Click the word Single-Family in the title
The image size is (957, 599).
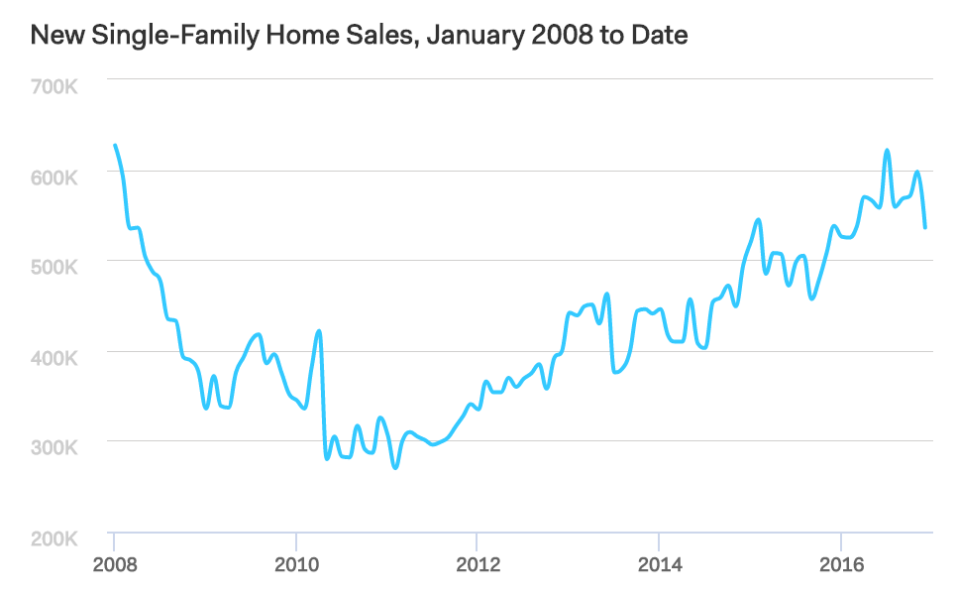154,37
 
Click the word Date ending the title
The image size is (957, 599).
661,37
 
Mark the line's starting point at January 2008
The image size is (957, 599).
115,146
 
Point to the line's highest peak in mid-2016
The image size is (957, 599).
887,151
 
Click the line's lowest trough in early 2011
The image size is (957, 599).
395,467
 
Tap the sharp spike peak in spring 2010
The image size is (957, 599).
319,331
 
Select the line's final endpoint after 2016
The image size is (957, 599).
925,227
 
